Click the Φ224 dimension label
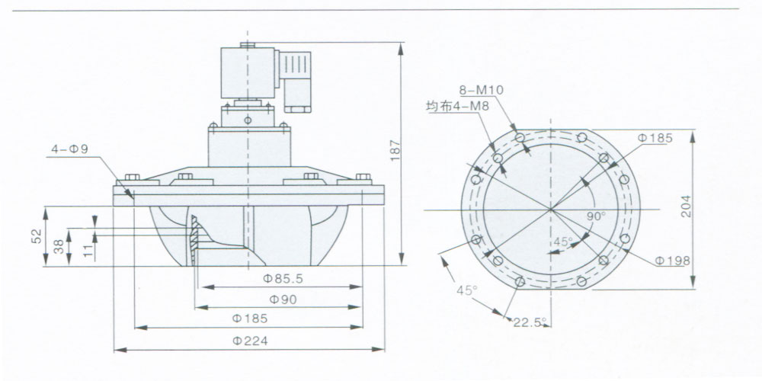pos(250,341)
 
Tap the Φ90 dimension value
pos(283,299)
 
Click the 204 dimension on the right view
pos(686,206)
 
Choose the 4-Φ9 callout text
pos(70,149)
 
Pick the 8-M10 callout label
pos(482,90)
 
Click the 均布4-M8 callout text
pos(457,107)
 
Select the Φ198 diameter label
pos(673,261)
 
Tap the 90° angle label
pos(596,216)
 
